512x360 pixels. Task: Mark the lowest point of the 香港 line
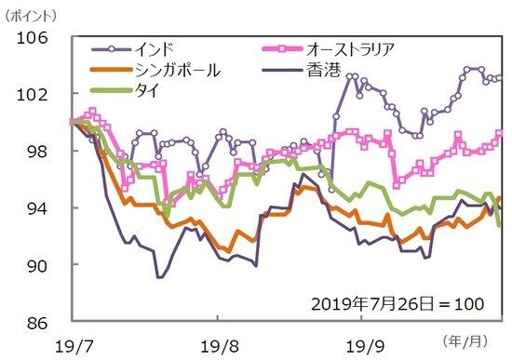pyautogui.click(x=159, y=277)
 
